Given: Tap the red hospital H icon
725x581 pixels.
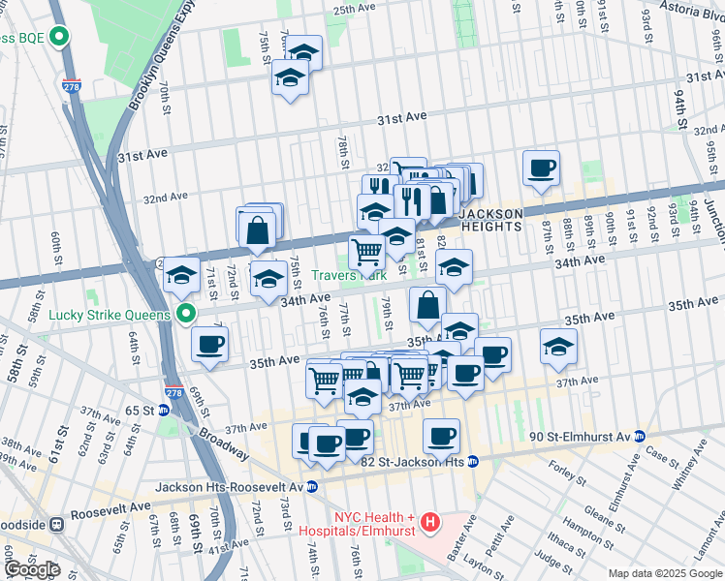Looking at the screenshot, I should coord(429,523).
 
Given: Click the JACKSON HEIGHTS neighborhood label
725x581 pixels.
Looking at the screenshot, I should coord(490,219).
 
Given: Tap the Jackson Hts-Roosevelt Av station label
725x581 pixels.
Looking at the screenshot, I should coord(230,486).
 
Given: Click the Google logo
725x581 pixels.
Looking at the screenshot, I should coord(31,569).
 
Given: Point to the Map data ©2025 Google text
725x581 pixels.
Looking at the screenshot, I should coord(664,573).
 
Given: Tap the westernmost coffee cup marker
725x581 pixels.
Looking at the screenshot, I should coord(208,344).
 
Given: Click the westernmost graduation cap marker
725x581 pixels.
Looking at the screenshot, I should coord(181,274).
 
